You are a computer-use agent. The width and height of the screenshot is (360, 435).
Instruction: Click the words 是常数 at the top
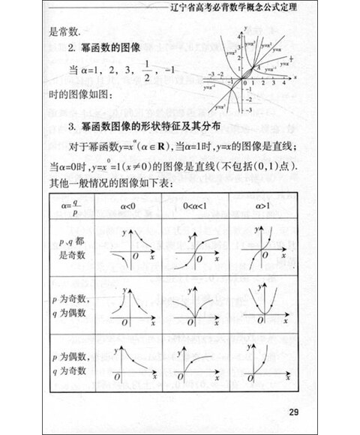[x=65, y=32]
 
